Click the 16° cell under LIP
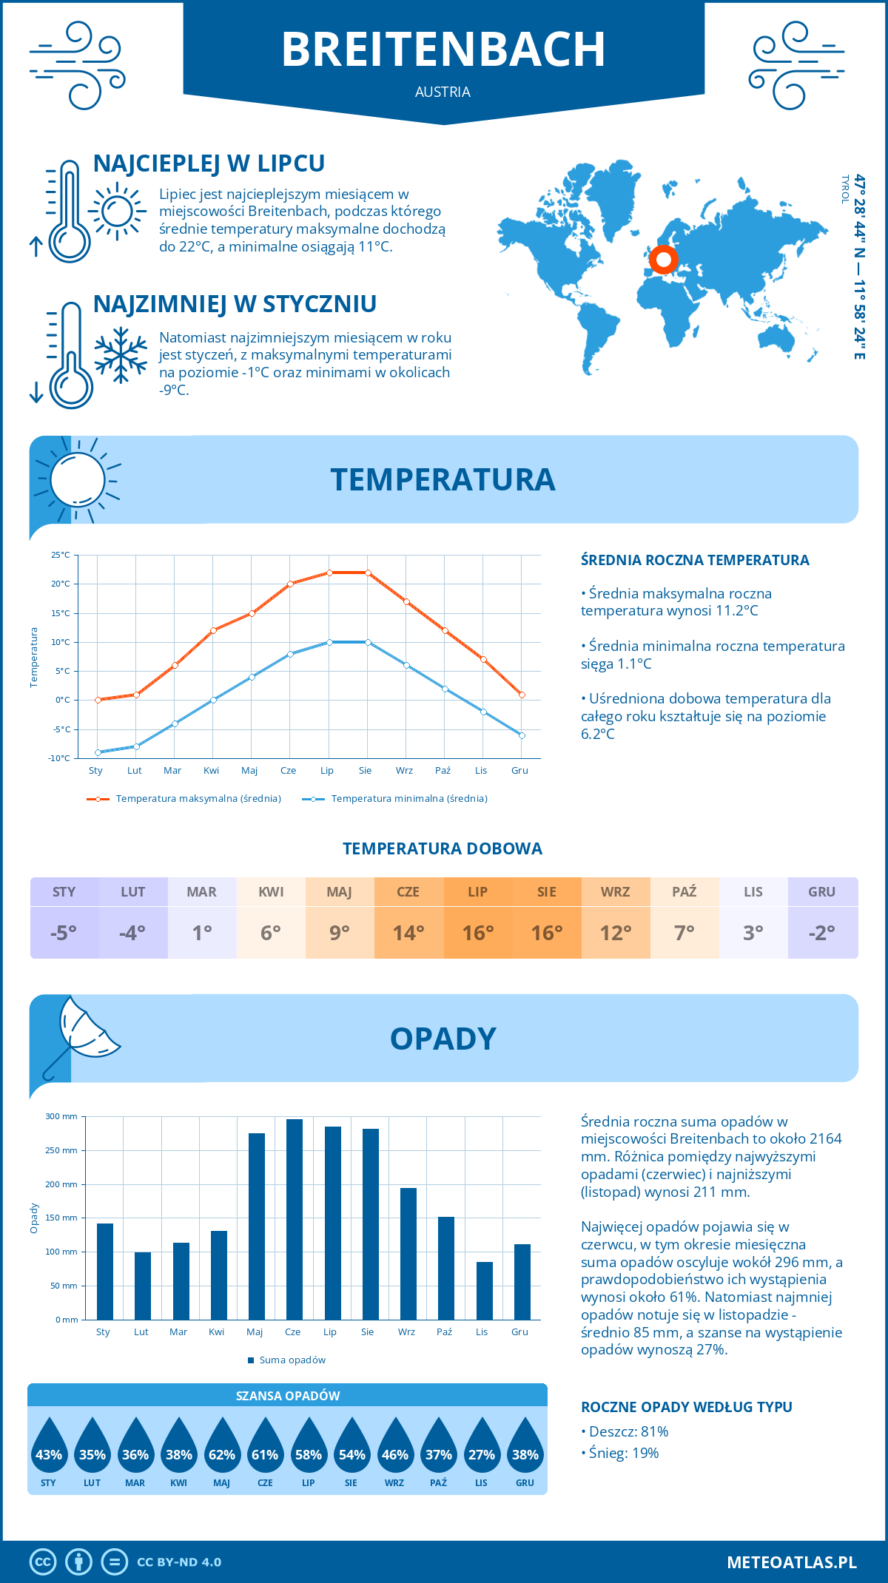[477, 933]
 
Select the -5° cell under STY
[64, 933]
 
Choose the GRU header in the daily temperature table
[821, 892]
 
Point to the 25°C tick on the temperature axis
[61, 555]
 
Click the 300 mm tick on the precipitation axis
[62, 1116]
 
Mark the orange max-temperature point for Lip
[329, 573]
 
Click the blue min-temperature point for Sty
[98, 752]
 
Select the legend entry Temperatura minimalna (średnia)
[408, 799]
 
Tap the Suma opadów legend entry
[292, 1360]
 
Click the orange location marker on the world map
[663, 260]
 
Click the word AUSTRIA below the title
[443, 92]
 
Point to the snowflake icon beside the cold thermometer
[121, 354]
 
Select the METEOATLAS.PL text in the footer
[791, 1562]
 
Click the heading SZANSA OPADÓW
[288, 1396]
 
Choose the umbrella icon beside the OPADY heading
[80, 1035]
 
